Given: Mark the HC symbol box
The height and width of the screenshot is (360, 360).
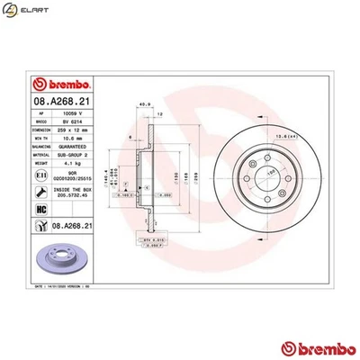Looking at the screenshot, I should pos(41,208).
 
